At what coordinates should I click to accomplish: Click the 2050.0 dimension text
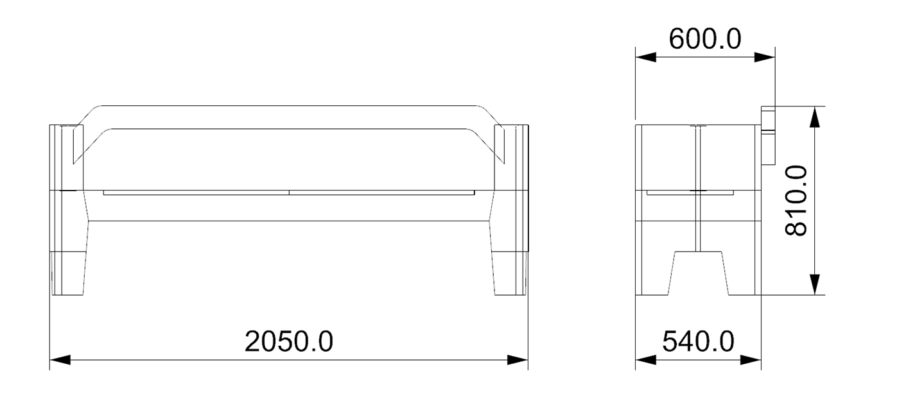click(x=289, y=341)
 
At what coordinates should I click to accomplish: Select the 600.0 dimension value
click(x=704, y=39)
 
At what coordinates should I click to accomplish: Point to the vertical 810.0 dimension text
click(x=797, y=200)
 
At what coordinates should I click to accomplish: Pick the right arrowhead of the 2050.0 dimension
click(x=518, y=360)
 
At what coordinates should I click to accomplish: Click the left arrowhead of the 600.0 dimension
click(x=645, y=56)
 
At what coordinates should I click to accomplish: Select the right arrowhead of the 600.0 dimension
click(x=765, y=56)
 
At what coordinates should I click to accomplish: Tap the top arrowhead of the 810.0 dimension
click(x=814, y=117)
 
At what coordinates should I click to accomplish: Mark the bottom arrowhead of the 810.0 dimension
click(x=814, y=284)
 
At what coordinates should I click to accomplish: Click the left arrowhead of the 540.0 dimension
click(x=645, y=360)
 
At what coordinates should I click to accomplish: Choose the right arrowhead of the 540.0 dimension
click(x=751, y=360)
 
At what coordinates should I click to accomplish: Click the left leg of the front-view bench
click(x=69, y=273)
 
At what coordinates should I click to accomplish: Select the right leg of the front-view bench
click(x=511, y=273)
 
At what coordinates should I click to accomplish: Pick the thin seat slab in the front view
click(x=289, y=192)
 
